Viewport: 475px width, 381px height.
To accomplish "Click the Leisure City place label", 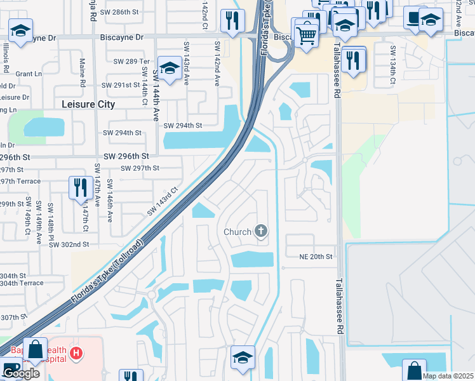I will [88, 104].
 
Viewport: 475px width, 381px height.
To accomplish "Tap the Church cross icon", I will [260, 231].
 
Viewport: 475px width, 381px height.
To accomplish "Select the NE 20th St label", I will [316, 257].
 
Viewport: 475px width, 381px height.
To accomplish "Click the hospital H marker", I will [76, 353].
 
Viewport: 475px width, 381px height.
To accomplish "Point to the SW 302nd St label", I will [69, 244].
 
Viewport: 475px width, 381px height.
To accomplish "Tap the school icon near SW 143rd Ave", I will [170, 67].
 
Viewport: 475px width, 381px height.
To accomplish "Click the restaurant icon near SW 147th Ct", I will [80, 187].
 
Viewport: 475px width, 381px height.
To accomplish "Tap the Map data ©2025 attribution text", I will [448, 376].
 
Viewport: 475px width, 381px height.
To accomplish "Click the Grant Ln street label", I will [29, 74].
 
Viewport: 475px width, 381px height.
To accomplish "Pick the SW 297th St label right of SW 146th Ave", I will [140, 168].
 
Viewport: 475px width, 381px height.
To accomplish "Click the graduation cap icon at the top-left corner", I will [21, 30].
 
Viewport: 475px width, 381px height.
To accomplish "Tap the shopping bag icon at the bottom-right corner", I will [413, 370].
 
